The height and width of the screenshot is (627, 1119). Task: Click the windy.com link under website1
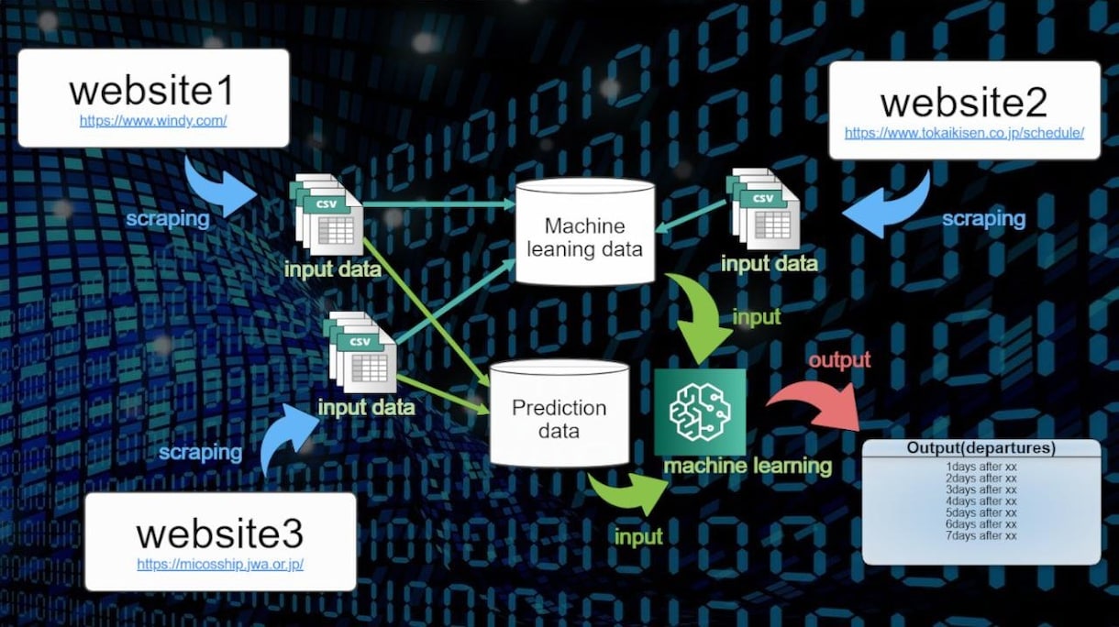(x=153, y=121)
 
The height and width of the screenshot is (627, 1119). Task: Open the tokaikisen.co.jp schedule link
(x=964, y=133)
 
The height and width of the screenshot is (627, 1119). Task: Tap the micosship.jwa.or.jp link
(x=220, y=564)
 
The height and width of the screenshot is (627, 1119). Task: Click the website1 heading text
(x=152, y=91)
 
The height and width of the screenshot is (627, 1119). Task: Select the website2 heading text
(x=964, y=103)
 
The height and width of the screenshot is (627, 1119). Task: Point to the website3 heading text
(x=220, y=533)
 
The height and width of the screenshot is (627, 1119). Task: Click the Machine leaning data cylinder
(x=585, y=232)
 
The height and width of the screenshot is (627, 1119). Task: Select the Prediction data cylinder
(x=559, y=412)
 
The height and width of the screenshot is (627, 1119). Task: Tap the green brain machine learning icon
(x=700, y=412)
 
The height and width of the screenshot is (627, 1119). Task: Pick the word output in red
(x=839, y=360)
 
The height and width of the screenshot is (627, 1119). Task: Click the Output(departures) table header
(x=981, y=447)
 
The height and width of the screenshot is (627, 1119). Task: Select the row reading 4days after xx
(x=981, y=501)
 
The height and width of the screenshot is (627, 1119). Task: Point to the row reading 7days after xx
(x=981, y=535)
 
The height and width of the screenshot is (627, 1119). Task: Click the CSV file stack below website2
(x=763, y=209)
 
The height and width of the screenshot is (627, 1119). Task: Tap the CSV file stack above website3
(x=360, y=352)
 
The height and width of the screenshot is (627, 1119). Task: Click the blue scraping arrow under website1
(x=220, y=186)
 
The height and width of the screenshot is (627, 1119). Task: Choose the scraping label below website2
(x=983, y=219)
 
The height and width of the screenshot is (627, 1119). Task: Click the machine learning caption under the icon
(x=748, y=466)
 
